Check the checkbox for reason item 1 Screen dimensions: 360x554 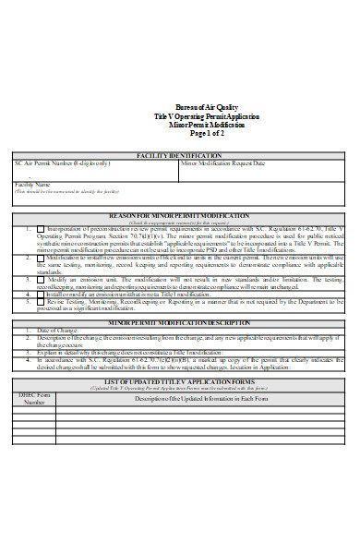tap(41, 229)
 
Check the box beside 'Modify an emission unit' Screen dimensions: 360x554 tap(41, 278)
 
